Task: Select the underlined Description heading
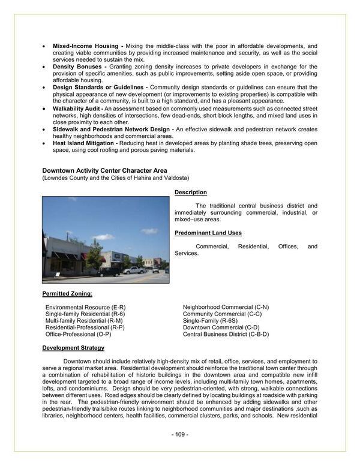tap(191, 193)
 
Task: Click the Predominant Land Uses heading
tap(208, 233)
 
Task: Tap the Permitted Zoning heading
tap(67, 293)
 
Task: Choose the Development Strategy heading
tap(73, 348)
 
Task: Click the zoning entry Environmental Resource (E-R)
tap(85, 308)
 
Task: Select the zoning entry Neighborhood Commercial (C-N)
tap(226, 308)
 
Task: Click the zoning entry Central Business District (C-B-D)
tap(226, 334)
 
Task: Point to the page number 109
tap(179, 434)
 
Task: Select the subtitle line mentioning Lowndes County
tap(115, 179)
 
